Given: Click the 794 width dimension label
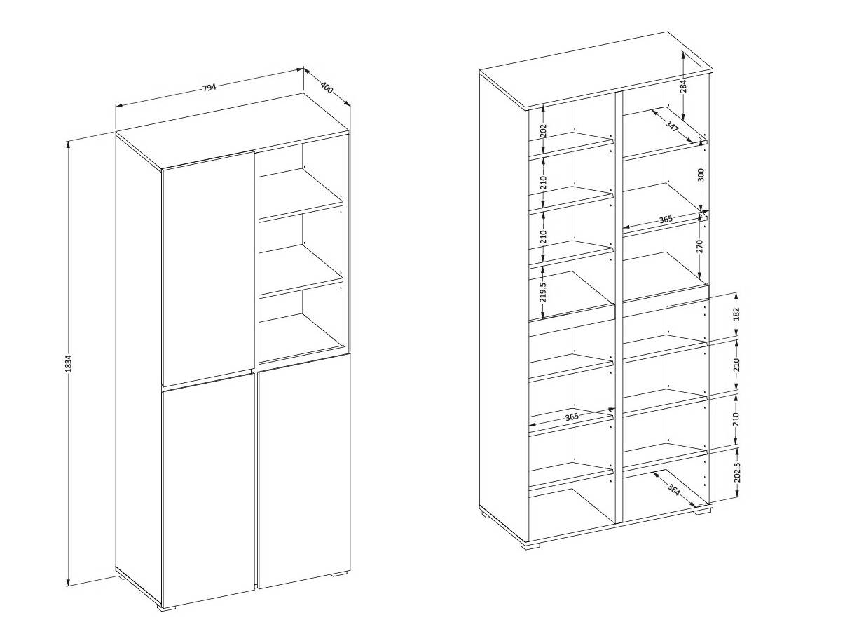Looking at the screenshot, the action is pyautogui.click(x=209, y=88).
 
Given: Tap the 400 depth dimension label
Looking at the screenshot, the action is pyautogui.click(x=326, y=88).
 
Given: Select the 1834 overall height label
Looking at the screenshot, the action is pyautogui.click(x=69, y=363).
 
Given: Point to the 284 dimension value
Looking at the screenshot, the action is pyautogui.click(x=683, y=88).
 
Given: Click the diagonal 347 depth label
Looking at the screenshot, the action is pyautogui.click(x=672, y=126).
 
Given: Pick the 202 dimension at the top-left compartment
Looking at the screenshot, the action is pyautogui.click(x=543, y=131).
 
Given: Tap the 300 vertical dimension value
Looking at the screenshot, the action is pyautogui.click(x=701, y=175).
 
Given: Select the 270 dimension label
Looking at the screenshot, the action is pyautogui.click(x=699, y=246).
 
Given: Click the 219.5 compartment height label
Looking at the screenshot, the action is pyautogui.click(x=543, y=292).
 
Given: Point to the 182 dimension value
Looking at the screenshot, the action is pyautogui.click(x=737, y=314).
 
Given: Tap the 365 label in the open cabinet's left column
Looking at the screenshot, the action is pyautogui.click(x=572, y=417).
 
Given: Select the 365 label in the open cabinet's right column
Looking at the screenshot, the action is pyautogui.click(x=666, y=220).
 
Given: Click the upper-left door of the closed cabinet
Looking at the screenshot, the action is pyautogui.click(x=207, y=269).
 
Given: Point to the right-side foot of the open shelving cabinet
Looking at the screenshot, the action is pyautogui.click(x=702, y=511).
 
